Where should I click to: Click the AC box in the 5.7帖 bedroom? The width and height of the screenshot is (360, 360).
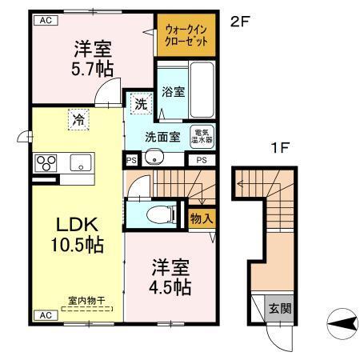tap(45, 22)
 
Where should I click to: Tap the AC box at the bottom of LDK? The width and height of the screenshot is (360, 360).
tap(45, 316)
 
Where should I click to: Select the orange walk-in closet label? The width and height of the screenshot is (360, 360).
tap(186, 36)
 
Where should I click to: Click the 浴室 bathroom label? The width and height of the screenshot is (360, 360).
tap(170, 91)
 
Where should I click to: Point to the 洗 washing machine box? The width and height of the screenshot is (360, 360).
tap(140, 104)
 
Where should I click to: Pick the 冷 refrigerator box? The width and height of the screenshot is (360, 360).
tap(79, 120)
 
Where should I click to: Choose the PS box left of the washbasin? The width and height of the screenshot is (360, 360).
tap(130, 160)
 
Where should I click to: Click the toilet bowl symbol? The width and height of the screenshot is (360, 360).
tap(160, 214)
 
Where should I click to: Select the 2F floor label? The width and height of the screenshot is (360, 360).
tap(241, 23)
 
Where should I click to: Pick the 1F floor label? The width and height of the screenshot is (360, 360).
tap(278, 149)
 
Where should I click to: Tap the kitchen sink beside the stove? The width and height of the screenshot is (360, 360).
tap(82, 162)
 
